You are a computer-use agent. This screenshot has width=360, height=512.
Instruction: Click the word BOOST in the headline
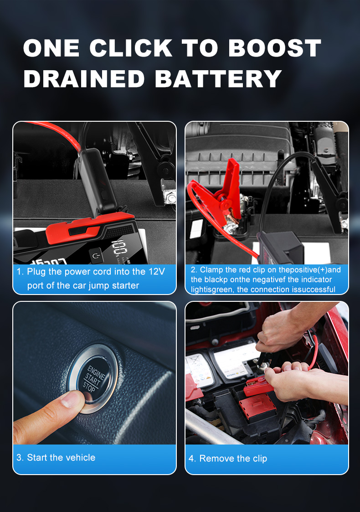[x=275, y=48]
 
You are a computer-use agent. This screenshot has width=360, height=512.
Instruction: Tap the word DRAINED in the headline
[x=84, y=79]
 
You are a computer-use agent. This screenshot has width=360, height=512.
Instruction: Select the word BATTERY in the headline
[x=218, y=79]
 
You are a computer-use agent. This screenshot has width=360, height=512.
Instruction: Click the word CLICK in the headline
[x=131, y=48]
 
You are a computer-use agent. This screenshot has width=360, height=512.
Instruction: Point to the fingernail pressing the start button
[x=74, y=398]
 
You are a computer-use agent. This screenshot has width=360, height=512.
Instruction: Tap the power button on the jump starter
[x=96, y=255]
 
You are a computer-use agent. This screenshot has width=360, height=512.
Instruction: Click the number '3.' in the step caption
[x=20, y=457]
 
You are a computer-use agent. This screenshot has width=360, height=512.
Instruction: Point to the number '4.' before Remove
[x=192, y=459]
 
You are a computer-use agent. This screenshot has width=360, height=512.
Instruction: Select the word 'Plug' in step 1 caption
[x=36, y=272]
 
